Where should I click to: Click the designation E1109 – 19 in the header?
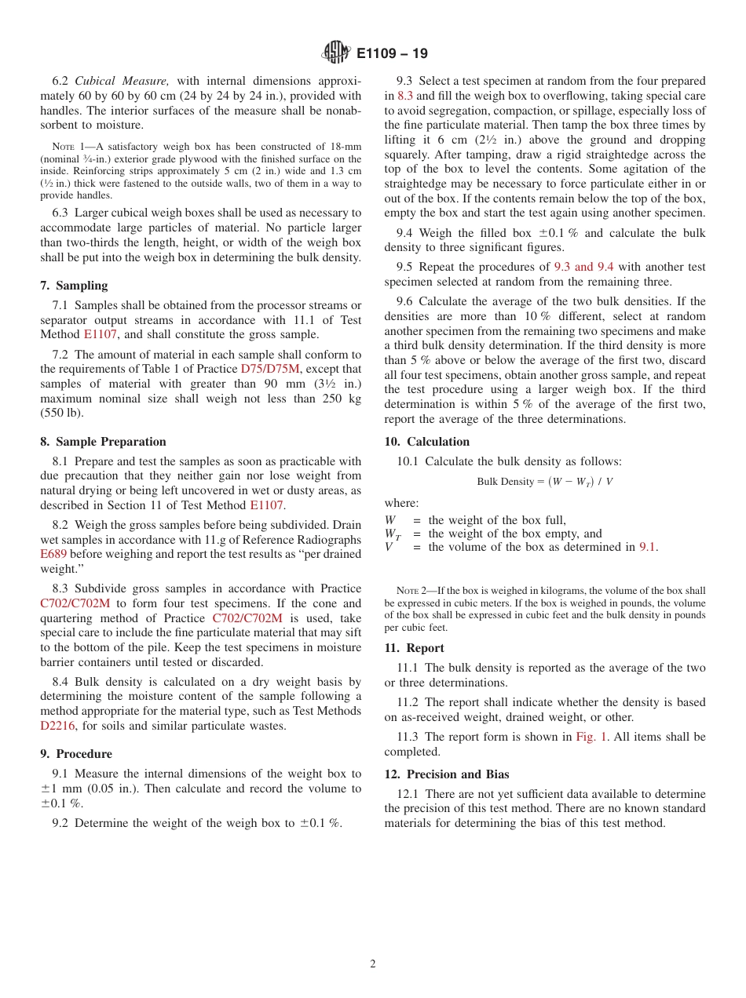392,54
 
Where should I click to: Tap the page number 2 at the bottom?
373,964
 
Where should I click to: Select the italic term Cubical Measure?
122,81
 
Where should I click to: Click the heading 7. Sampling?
74,286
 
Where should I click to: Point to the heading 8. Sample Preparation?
103,442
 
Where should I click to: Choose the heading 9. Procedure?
76,754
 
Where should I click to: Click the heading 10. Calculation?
426,442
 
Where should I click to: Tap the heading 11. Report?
414,648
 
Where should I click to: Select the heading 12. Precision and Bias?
447,774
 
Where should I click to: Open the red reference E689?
53,554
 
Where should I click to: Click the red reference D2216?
57,726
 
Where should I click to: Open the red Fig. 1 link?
591,737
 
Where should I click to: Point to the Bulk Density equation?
544,482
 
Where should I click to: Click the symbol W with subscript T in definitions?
392,535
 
